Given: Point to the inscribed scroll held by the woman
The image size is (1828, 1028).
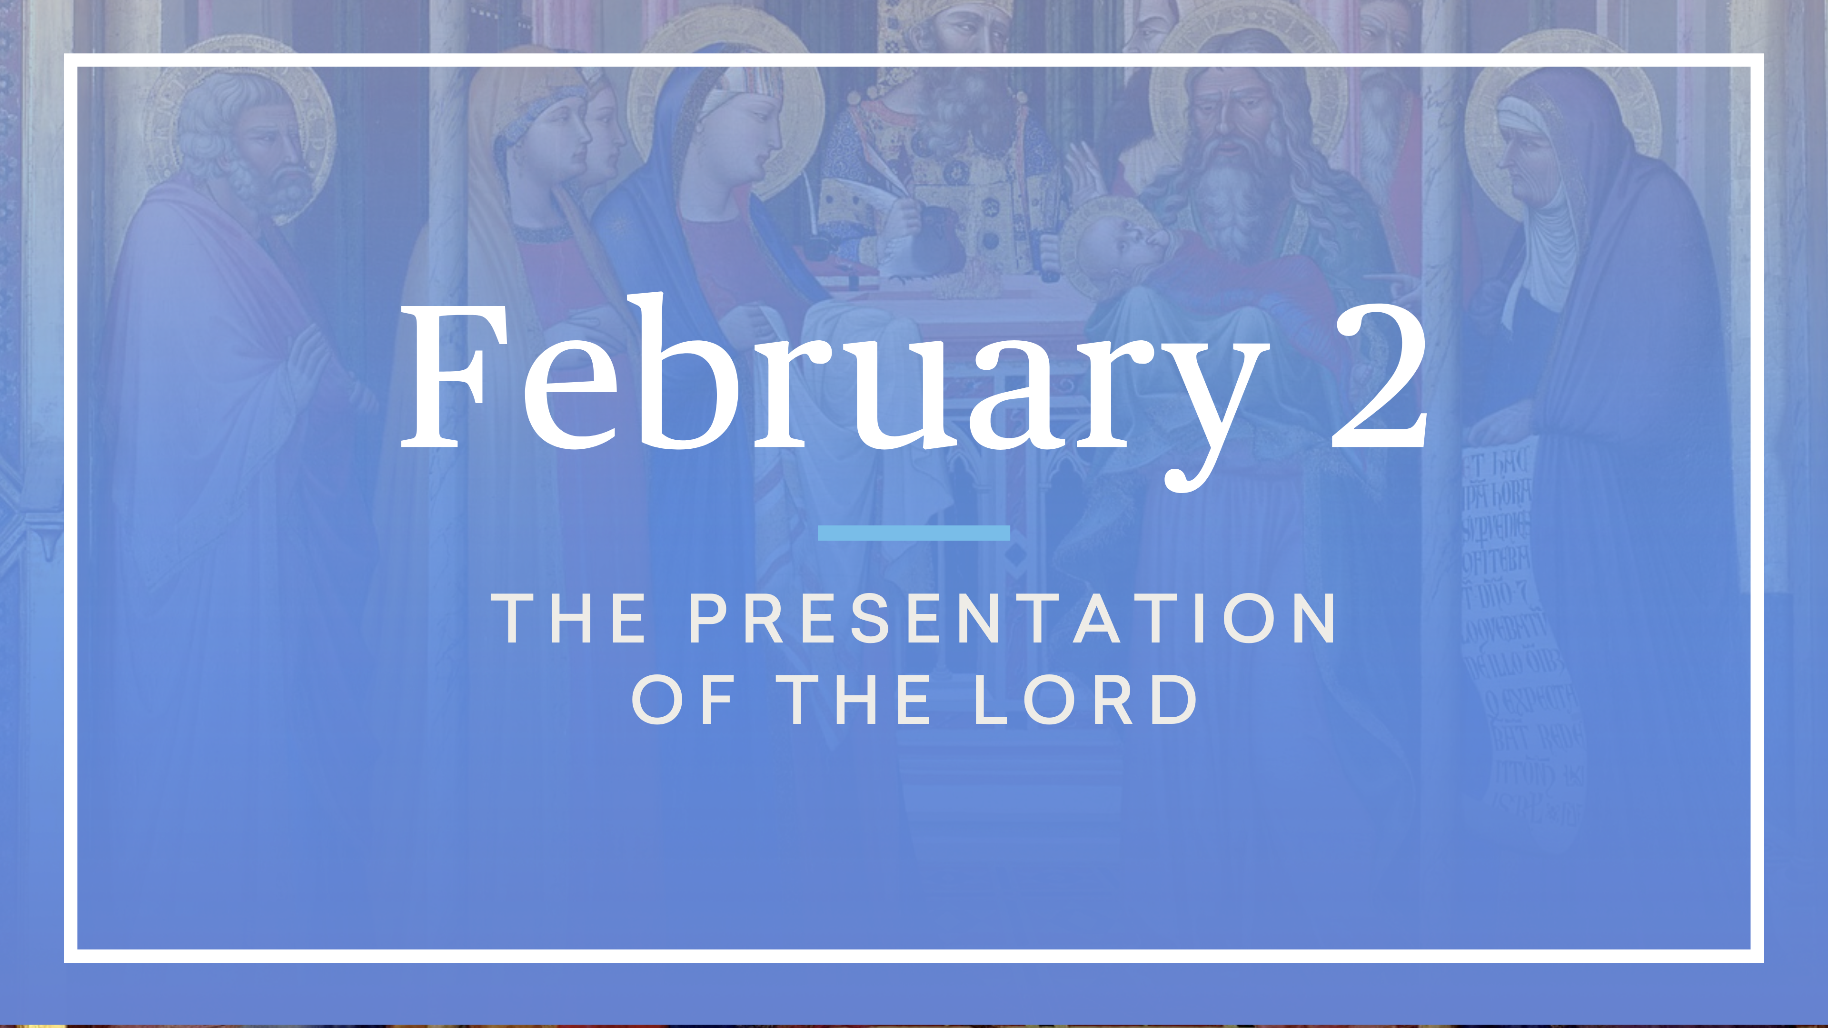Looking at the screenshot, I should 1519,624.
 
